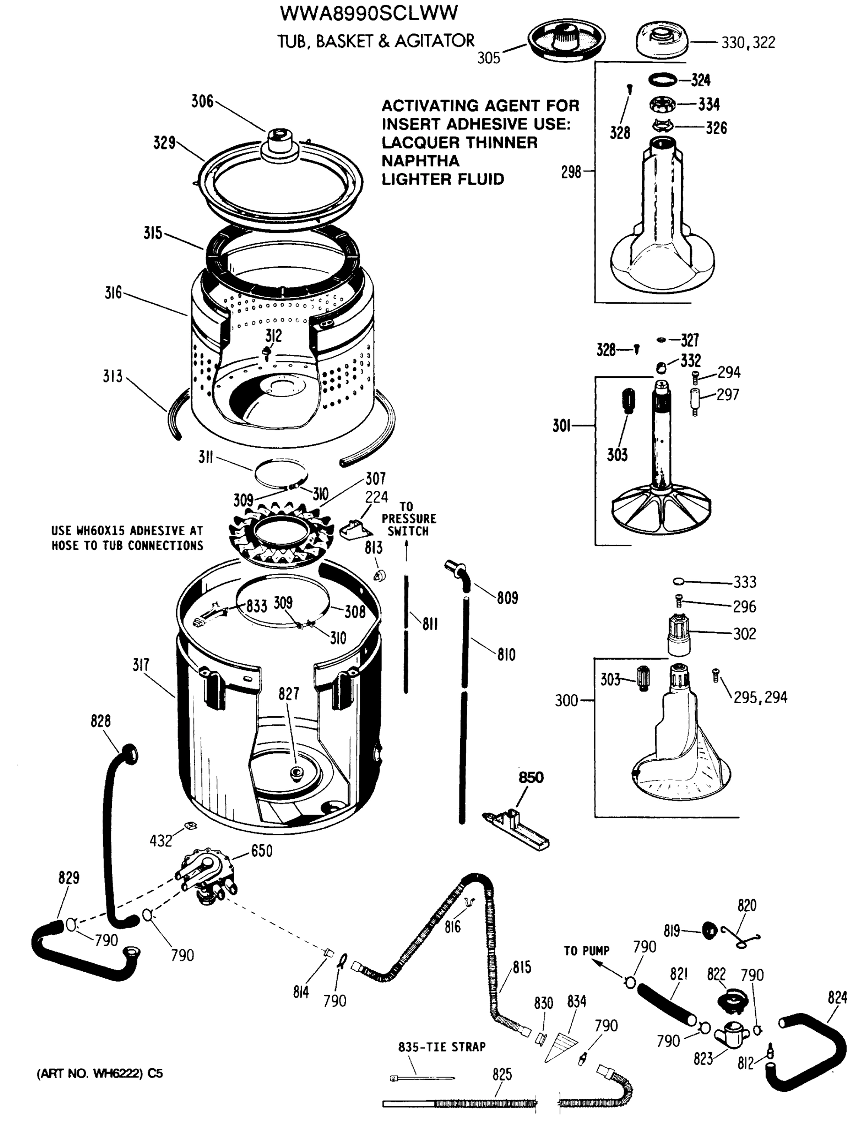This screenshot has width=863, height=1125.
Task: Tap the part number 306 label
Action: pos(202,101)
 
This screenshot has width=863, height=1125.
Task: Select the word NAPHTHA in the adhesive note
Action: pos(420,161)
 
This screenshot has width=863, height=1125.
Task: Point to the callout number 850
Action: pos(531,777)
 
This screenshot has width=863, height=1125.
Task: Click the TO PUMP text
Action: pos(586,951)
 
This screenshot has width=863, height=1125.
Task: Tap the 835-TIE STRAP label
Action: pos(441,1047)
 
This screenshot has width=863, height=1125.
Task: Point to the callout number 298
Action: pos(571,172)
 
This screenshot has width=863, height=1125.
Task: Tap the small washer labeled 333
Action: pos(678,581)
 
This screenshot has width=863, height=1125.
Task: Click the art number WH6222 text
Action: pos(100,1073)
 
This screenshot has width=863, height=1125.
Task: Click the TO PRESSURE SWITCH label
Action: pos(409,519)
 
